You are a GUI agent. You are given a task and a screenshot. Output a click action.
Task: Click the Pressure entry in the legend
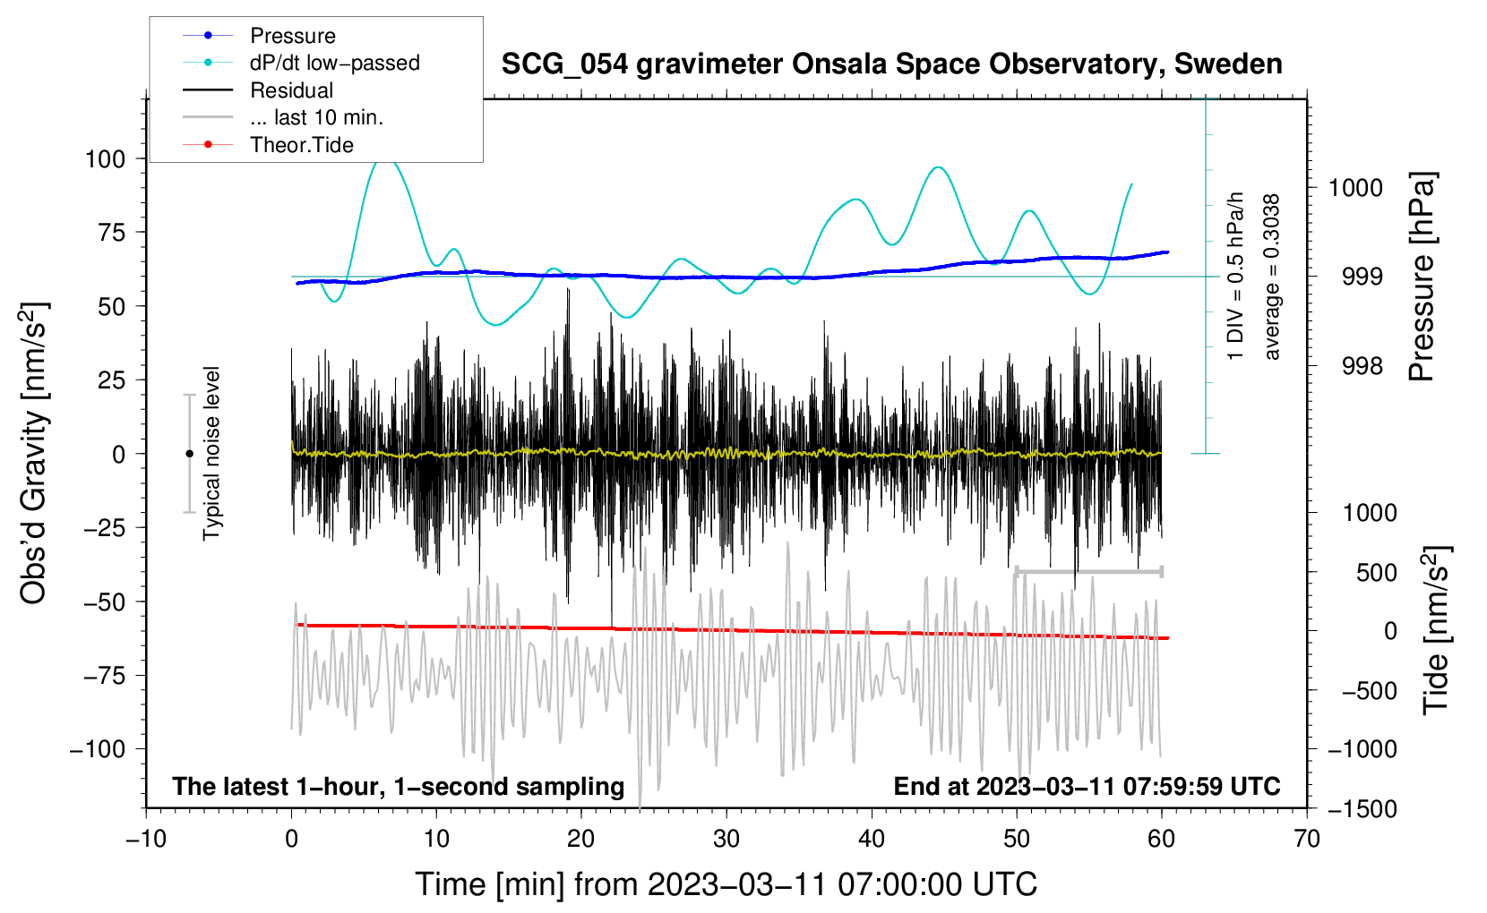292,36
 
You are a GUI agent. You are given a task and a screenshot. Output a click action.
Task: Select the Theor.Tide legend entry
301,145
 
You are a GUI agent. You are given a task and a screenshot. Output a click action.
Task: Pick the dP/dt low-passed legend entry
334,63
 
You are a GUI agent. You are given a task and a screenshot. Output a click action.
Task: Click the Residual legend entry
291,90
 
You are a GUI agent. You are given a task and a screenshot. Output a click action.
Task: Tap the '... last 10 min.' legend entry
316,117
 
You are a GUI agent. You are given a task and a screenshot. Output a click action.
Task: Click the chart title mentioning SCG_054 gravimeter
891,64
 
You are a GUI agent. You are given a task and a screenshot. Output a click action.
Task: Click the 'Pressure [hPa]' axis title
1422,277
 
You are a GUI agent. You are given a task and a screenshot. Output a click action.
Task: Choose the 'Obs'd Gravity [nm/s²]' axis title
34,453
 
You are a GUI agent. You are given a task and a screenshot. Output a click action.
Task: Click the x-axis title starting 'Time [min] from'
726,884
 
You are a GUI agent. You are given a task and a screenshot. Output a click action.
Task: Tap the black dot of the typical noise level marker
189,454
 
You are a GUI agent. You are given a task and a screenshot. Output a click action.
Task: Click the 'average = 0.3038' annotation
1271,277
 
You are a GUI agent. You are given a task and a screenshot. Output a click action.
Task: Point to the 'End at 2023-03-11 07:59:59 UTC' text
1087,786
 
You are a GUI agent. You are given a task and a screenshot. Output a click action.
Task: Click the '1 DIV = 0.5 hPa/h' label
1236,276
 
